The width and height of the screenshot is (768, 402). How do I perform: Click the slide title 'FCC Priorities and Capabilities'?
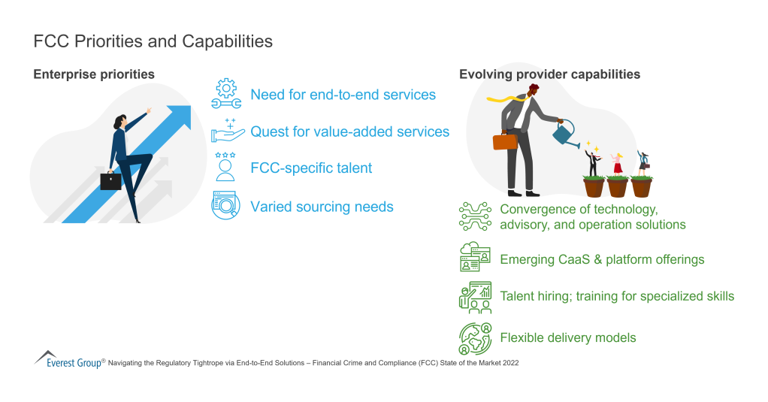pos(153,41)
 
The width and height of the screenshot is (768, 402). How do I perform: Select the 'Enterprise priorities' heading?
pos(94,74)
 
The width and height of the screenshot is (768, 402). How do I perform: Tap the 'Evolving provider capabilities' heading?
pos(549,74)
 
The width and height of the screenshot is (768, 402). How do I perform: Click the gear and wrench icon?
pos(225,95)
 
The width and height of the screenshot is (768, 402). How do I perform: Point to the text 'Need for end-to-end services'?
pos(343,95)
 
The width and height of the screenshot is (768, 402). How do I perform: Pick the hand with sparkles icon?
pos(225,131)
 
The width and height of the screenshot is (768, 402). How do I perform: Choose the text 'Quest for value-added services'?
pos(349,131)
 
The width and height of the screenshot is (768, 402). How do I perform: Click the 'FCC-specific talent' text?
pos(311,168)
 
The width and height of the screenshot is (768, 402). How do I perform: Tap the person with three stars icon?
pos(225,167)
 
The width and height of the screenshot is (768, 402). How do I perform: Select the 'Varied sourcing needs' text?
pos(322,206)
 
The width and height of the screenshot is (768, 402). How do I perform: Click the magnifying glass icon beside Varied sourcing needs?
pos(225,205)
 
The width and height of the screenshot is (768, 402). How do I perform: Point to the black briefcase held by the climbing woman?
pos(110,181)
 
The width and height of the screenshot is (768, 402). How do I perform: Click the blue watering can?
pos(561,134)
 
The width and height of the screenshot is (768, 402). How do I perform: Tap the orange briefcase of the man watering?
pos(505,141)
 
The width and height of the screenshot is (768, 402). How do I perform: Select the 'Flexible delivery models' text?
pos(567,337)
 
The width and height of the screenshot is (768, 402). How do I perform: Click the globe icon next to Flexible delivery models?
pos(474,337)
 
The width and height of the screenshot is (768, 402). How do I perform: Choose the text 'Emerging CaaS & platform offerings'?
pos(602,259)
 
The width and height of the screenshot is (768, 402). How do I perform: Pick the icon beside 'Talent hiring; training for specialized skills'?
pos(474,297)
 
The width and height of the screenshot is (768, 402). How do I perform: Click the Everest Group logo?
pos(68,361)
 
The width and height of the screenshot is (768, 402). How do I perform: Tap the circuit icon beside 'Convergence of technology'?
pos(474,216)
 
